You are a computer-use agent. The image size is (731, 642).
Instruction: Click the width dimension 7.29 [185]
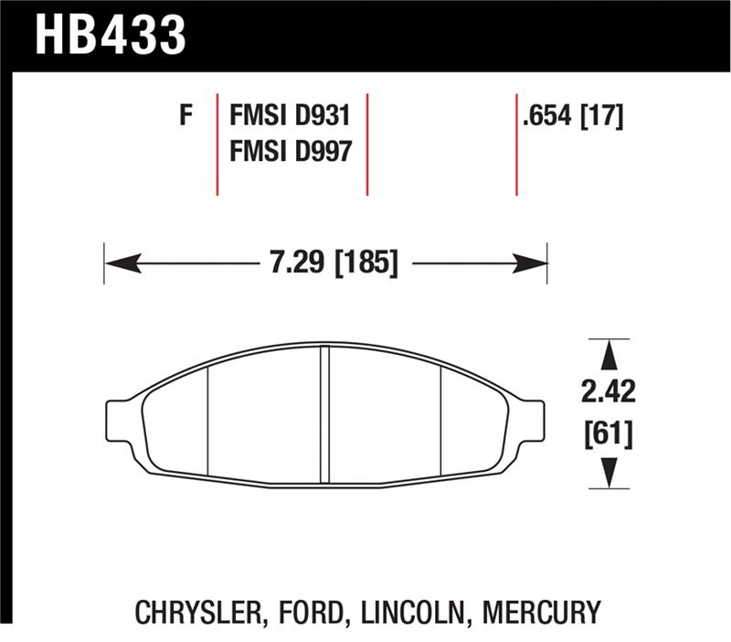[x=334, y=264]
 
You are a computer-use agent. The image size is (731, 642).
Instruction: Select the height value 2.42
[x=607, y=393]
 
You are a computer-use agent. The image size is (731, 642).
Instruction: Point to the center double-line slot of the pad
[x=324, y=416]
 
